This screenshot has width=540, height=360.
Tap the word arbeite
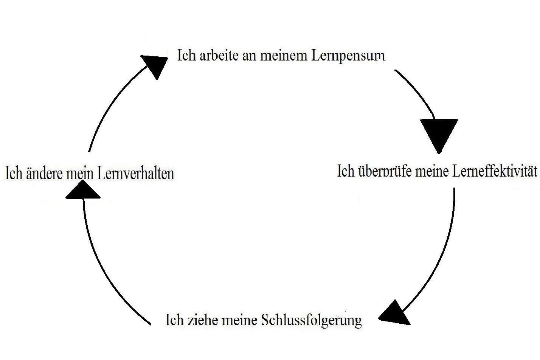[213, 56]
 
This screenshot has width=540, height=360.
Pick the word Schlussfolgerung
[312, 321]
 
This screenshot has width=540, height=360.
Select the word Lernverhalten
[135, 174]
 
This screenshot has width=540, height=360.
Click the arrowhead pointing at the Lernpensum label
[155, 65]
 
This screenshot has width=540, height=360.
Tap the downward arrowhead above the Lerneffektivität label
[439, 133]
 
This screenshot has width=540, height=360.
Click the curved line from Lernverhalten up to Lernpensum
[110, 102]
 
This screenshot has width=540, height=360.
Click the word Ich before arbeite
[186, 56]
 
